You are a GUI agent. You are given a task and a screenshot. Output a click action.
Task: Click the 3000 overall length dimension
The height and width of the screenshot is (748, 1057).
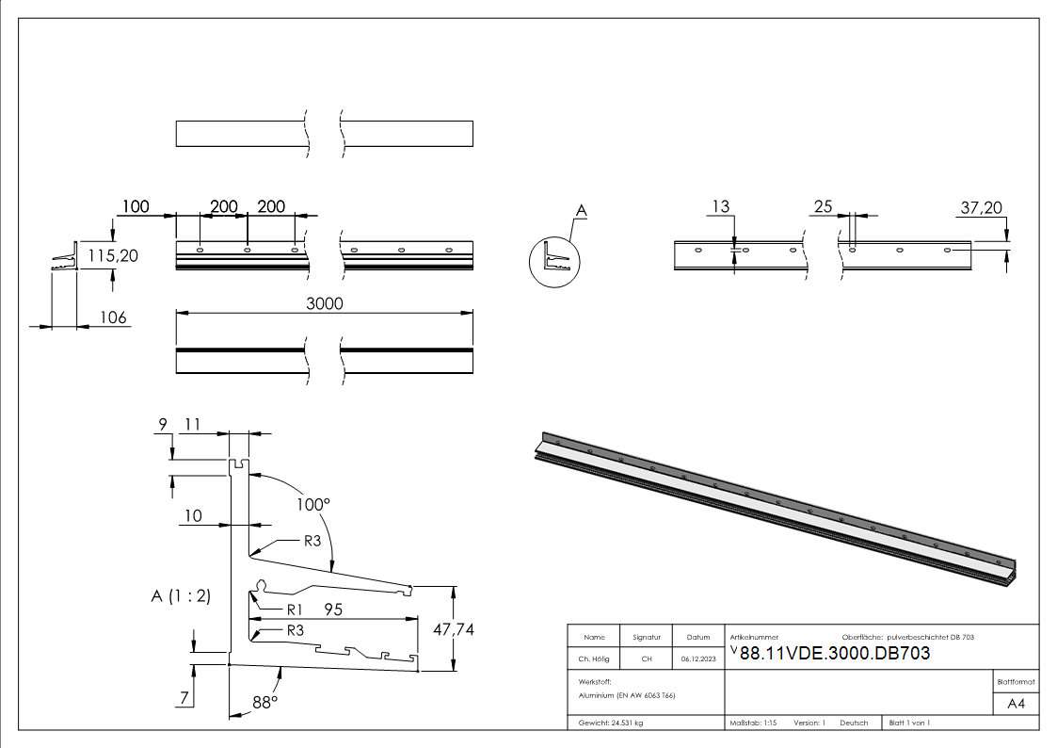click(x=325, y=303)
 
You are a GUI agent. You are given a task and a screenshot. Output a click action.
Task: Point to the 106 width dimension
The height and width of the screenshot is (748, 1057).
click(x=113, y=318)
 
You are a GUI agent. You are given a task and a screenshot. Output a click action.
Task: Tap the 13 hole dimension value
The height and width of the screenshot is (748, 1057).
click(x=721, y=207)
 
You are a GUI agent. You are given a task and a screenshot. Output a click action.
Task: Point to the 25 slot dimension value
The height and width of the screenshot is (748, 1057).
click(x=824, y=207)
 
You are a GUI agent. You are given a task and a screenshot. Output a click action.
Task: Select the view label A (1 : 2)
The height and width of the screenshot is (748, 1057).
click(x=181, y=595)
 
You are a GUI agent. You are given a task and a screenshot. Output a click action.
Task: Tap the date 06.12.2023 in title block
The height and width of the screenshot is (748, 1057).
click(x=697, y=659)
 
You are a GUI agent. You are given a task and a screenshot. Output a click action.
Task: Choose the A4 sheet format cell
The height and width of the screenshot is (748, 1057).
click(x=1016, y=704)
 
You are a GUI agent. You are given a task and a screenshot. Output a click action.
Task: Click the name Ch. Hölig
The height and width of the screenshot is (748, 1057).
click(x=594, y=659)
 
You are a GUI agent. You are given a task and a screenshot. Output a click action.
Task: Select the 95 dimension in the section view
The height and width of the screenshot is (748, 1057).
click(x=333, y=610)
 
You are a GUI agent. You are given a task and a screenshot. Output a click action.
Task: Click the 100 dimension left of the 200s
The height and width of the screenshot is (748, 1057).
click(x=136, y=206)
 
